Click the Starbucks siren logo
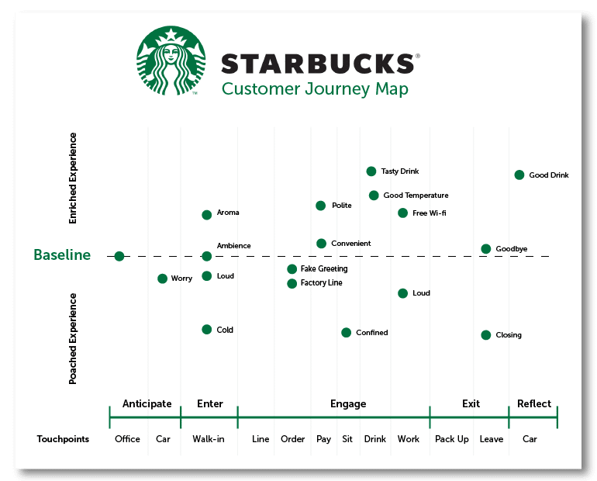point(171,61)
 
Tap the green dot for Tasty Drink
point(371,171)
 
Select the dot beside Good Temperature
point(374,196)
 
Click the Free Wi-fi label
point(429,213)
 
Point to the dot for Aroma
point(207,215)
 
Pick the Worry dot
point(162,279)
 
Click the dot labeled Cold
point(207,330)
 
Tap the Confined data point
point(346,333)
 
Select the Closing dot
point(486,335)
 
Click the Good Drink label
point(549,175)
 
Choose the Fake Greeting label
point(324,269)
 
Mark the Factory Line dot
point(292,284)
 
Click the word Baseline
point(62,254)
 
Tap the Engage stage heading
point(348,403)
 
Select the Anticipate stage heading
point(147,403)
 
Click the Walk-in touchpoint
point(209,439)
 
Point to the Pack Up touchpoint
point(451,439)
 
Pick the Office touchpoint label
point(127,439)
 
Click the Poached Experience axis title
point(72,338)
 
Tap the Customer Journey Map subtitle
point(315,89)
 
